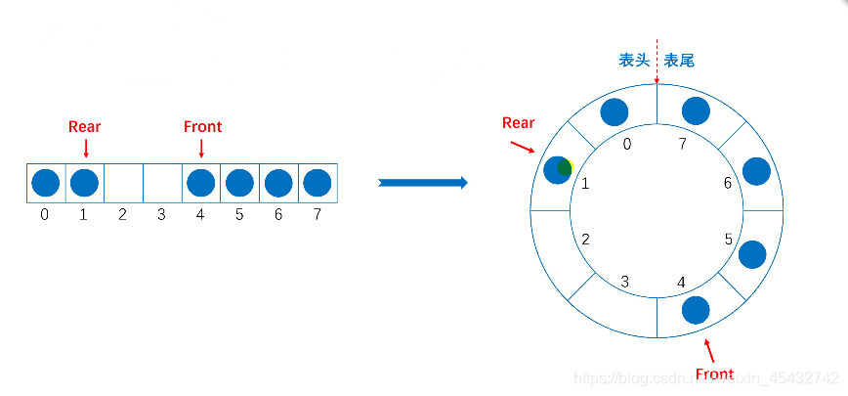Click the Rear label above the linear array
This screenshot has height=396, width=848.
[x=84, y=126]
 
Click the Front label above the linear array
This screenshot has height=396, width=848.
[x=202, y=126]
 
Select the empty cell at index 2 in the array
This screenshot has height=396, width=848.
[x=123, y=183]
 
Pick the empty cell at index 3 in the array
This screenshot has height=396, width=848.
[x=162, y=183]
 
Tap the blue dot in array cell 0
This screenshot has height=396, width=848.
[x=45, y=183]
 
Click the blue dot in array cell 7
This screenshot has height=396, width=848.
[x=318, y=183]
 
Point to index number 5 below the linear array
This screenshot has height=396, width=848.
[x=239, y=213]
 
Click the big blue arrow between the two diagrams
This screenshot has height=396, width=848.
[x=422, y=183]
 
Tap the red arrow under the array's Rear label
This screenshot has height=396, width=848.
[x=86, y=148]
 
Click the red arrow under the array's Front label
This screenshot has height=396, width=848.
[x=201, y=148]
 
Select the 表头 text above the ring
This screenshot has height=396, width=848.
[x=634, y=61]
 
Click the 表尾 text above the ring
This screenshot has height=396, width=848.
[x=679, y=61]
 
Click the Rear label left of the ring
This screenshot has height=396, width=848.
[x=518, y=122]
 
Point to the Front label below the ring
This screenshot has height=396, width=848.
[x=714, y=374]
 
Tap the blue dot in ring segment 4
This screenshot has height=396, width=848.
[x=696, y=310]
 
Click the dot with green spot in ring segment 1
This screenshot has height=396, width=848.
[x=558, y=169]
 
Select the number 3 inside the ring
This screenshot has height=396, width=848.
[x=625, y=282]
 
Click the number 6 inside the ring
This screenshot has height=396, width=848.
[x=727, y=183]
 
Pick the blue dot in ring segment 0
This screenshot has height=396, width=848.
[x=614, y=111]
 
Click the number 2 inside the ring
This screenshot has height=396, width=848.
[x=585, y=239]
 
